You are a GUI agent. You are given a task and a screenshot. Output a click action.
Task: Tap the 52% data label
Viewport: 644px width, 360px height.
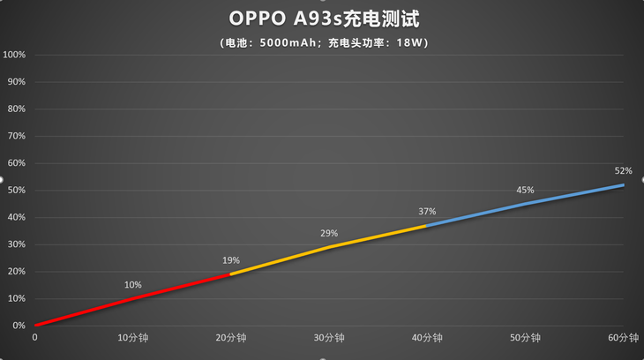point(623,170)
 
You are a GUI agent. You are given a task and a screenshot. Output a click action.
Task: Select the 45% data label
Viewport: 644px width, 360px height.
point(525,190)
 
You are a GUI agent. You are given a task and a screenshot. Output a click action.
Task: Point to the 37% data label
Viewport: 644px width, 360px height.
point(427,212)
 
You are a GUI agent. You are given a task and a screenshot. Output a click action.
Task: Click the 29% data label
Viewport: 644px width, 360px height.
point(329,233)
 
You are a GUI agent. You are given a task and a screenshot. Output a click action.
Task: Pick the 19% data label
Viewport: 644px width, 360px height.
point(231,260)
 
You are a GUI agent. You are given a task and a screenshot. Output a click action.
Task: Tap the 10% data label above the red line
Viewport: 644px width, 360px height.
point(133,285)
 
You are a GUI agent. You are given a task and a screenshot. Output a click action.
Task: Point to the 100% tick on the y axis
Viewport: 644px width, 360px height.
point(15,55)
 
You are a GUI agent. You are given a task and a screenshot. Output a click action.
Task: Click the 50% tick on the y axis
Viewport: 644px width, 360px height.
point(18,191)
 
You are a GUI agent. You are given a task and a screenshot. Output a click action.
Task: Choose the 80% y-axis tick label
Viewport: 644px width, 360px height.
point(18,109)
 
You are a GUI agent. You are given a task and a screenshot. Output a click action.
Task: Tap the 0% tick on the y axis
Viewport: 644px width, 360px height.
point(19,326)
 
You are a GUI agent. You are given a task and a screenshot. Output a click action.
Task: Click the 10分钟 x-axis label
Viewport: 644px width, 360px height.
point(133,338)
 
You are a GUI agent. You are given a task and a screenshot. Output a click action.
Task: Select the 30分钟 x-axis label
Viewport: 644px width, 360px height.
point(329,338)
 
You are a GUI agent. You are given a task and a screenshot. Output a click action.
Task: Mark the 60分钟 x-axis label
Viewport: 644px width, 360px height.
point(623,338)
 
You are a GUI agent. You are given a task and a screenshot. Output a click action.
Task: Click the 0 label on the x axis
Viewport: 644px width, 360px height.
point(35,338)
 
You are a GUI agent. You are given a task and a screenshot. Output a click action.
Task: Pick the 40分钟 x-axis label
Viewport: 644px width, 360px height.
point(427,338)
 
